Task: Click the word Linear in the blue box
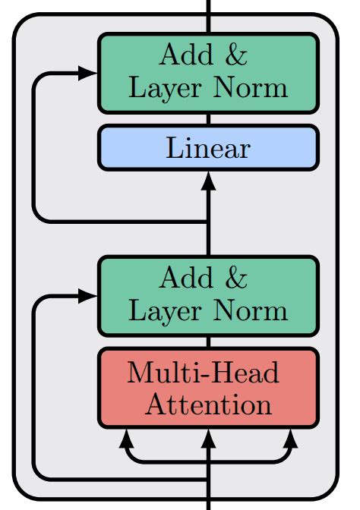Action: (x=207, y=148)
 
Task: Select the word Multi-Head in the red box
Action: (x=203, y=373)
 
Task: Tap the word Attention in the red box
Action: (x=208, y=404)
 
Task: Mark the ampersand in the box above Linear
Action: (x=236, y=55)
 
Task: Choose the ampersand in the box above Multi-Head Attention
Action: (x=236, y=279)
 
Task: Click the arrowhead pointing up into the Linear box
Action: (x=208, y=181)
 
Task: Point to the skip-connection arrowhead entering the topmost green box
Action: (x=89, y=73)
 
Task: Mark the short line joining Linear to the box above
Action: (x=208, y=118)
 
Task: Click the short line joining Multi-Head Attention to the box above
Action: (x=208, y=342)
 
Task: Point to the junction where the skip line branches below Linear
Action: (x=208, y=222)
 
